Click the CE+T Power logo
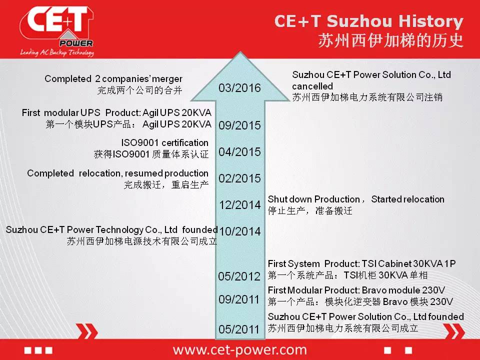pos(57,31)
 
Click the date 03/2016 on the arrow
pos(239,88)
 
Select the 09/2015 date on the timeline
pos(239,125)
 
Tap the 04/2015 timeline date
pos(239,152)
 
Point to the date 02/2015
pos(239,178)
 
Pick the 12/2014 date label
pos(240,205)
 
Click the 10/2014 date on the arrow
pos(240,231)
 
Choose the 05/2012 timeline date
pos(239,276)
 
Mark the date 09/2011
pos(239,299)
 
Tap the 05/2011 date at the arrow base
pos(239,329)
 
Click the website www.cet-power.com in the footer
pos(239,350)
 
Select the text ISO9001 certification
pos(164,142)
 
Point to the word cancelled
pos(312,86)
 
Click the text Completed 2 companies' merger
pos(113,79)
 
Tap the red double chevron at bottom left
pos(87,331)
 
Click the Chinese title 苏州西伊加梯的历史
pos(390,40)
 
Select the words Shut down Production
pos(314,199)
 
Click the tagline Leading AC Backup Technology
pos(57,52)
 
